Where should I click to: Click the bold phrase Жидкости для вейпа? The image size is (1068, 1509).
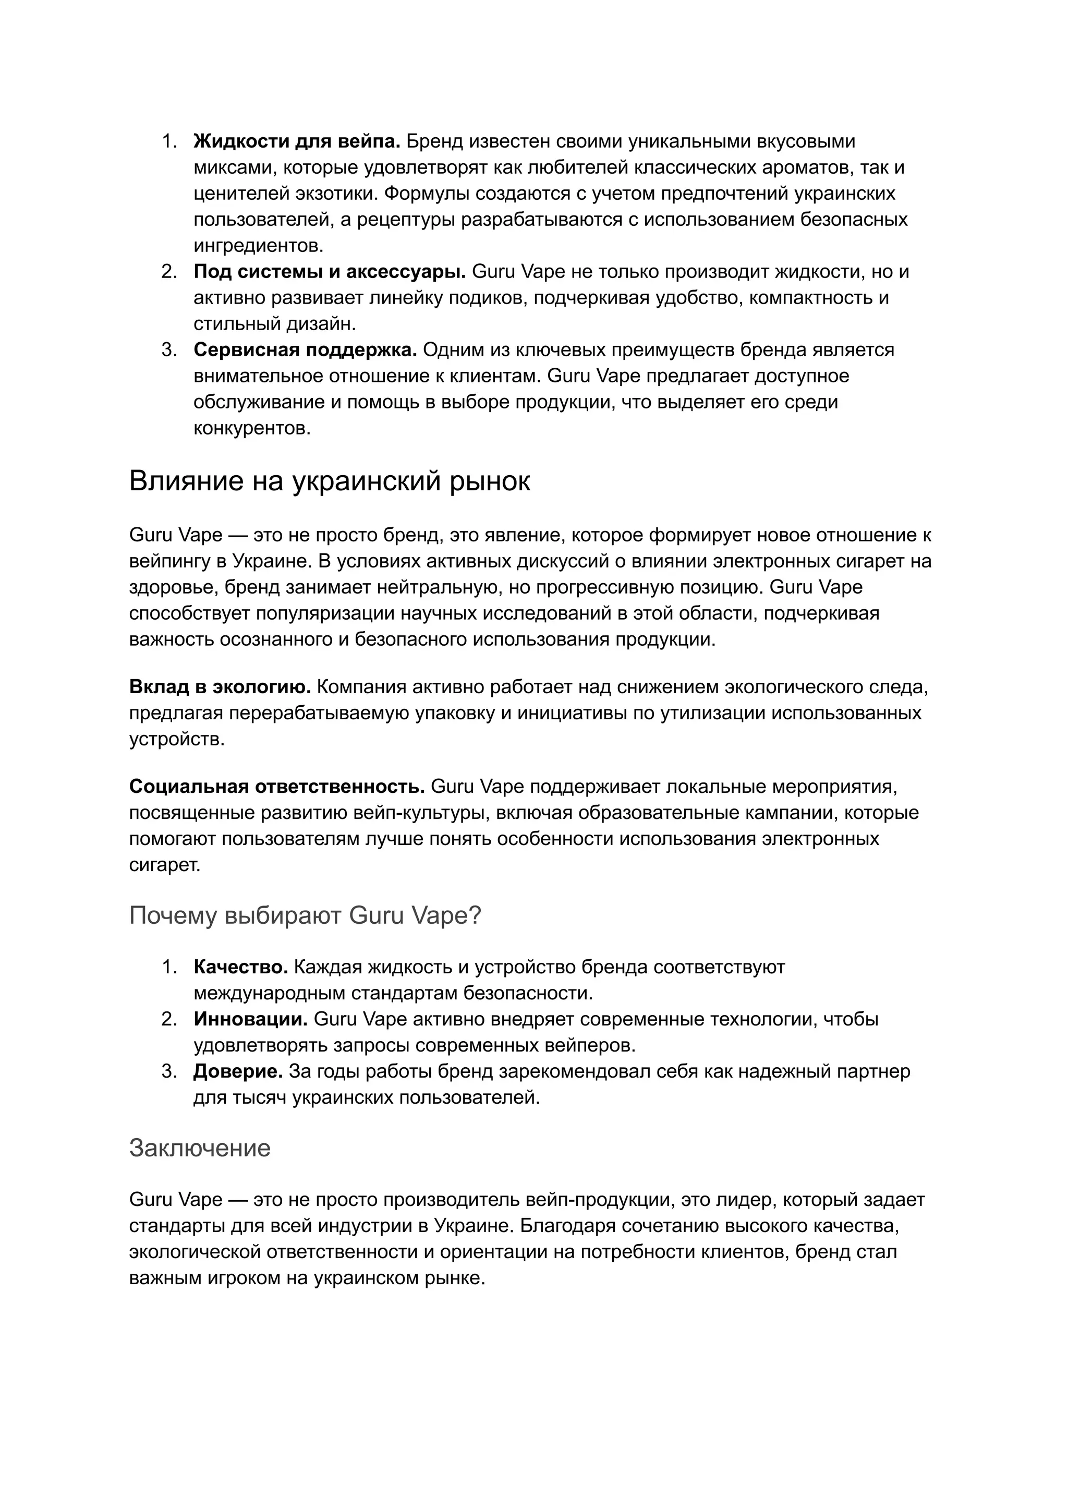click(x=297, y=141)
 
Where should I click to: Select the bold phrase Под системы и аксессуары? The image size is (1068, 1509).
click(x=330, y=272)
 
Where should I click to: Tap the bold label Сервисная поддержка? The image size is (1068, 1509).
click(x=305, y=350)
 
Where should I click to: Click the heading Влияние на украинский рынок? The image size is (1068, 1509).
click(x=330, y=481)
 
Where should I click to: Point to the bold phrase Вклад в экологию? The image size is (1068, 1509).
click(x=220, y=687)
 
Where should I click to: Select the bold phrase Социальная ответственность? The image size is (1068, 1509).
click(x=277, y=787)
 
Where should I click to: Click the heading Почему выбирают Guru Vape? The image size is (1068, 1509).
click(x=305, y=915)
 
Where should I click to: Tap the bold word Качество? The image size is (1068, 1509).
click(x=241, y=967)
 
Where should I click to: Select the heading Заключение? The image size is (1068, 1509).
click(x=200, y=1148)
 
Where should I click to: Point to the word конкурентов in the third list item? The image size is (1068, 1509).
click(x=251, y=428)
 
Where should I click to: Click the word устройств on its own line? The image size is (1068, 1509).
click(x=176, y=739)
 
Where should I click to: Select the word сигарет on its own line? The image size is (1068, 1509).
click(x=164, y=865)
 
